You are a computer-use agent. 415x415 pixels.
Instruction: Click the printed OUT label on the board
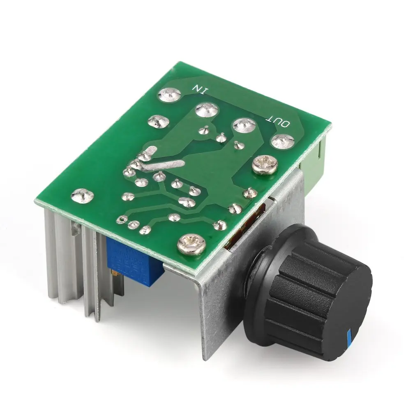pos(279,121)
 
